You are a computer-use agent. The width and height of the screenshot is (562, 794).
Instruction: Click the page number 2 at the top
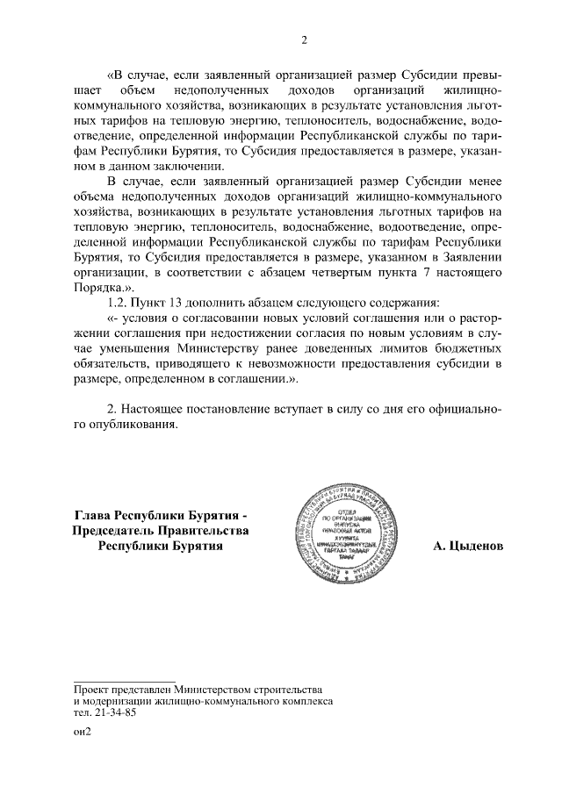point(303,39)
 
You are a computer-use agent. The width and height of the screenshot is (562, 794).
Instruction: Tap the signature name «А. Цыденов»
point(468,547)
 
